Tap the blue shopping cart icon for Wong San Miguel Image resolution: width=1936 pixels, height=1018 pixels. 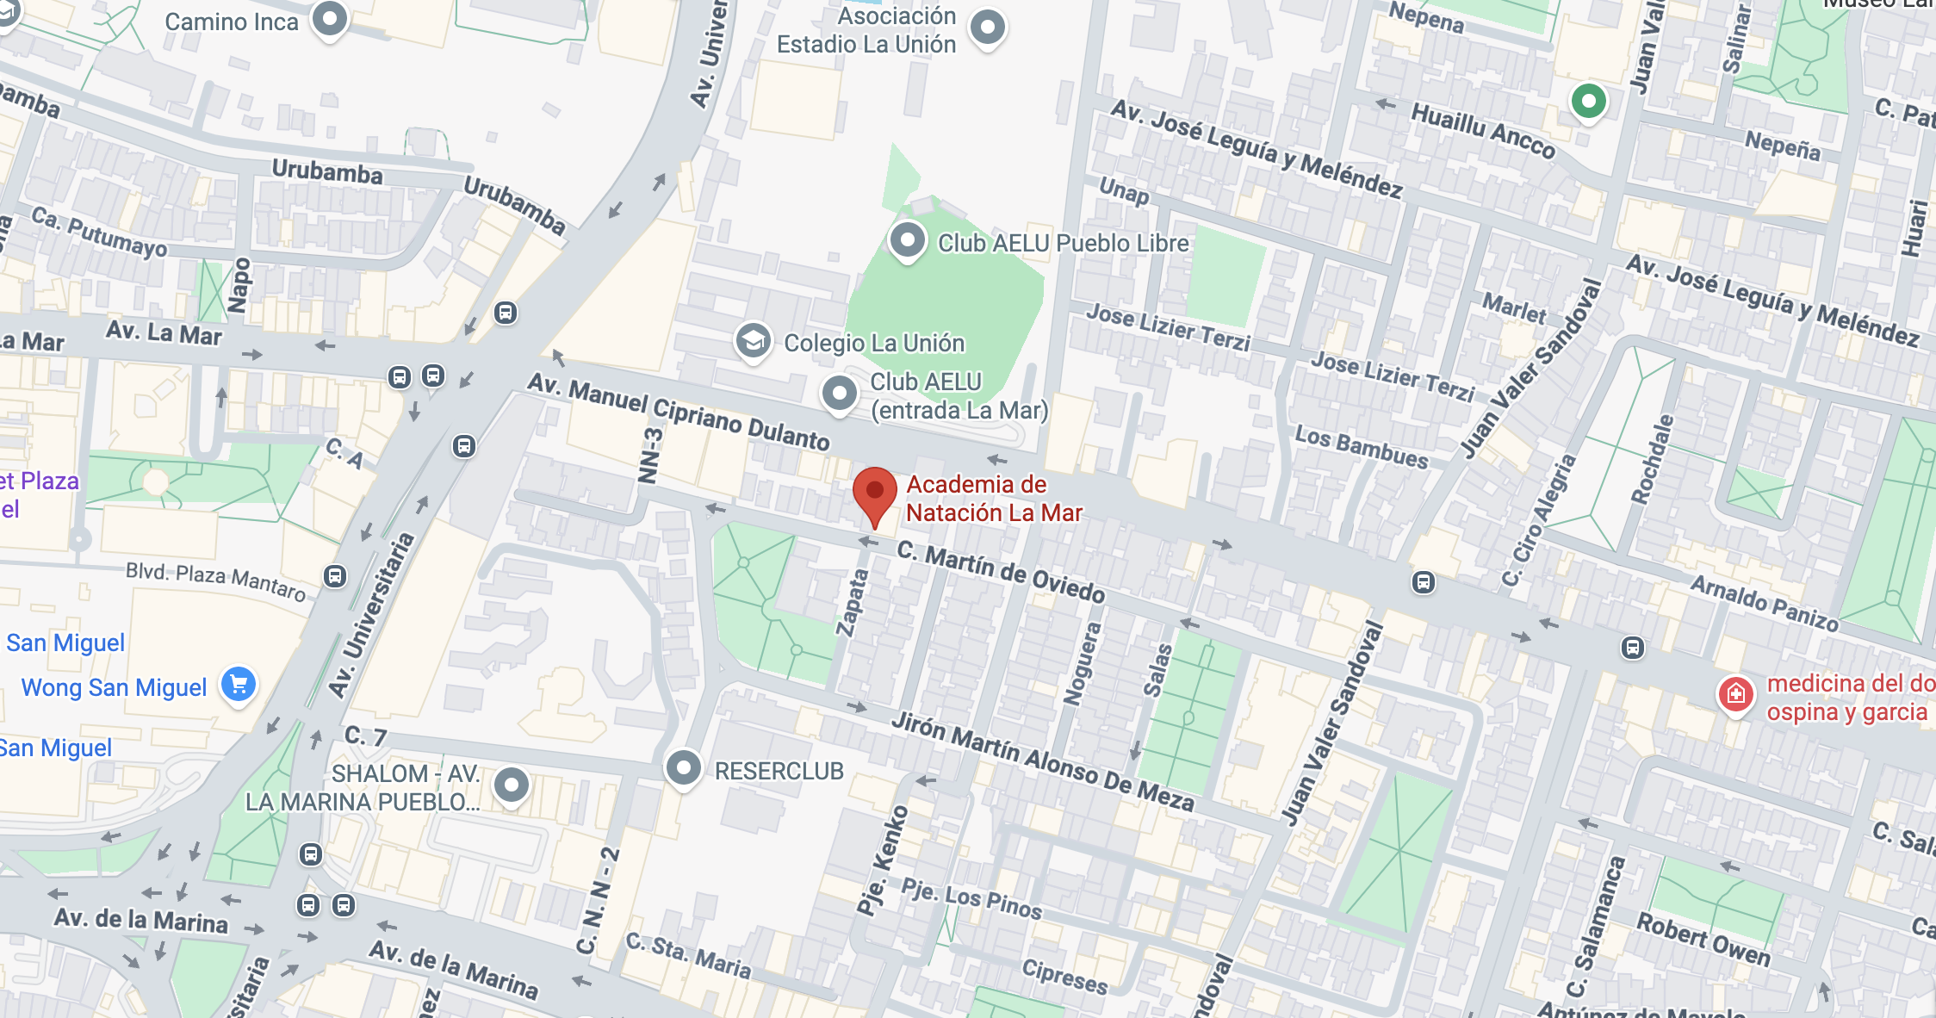[239, 685]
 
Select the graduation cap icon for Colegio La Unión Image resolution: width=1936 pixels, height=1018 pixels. [753, 341]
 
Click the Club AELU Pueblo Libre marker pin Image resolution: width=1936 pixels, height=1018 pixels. [907, 240]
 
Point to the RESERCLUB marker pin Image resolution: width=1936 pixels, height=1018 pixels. [684, 767]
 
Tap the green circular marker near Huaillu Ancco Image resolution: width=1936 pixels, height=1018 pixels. [1588, 102]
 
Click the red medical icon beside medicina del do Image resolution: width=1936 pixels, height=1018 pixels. [1735, 693]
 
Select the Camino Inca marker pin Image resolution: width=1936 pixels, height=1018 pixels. [329, 19]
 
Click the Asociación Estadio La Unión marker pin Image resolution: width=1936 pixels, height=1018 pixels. [987, 28]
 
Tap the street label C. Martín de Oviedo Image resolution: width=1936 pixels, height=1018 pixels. [1001, 572]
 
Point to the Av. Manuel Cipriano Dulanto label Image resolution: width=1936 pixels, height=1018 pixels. [679, 412]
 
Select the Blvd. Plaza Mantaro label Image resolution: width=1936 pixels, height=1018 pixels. [215, 581]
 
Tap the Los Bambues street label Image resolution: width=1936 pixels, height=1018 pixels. [1361, 447]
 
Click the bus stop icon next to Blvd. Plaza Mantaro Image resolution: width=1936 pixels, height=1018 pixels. [335, 576]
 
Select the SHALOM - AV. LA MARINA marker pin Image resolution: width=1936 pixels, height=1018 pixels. [512, 785]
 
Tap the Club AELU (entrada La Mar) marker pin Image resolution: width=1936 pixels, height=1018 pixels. [839, 394]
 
